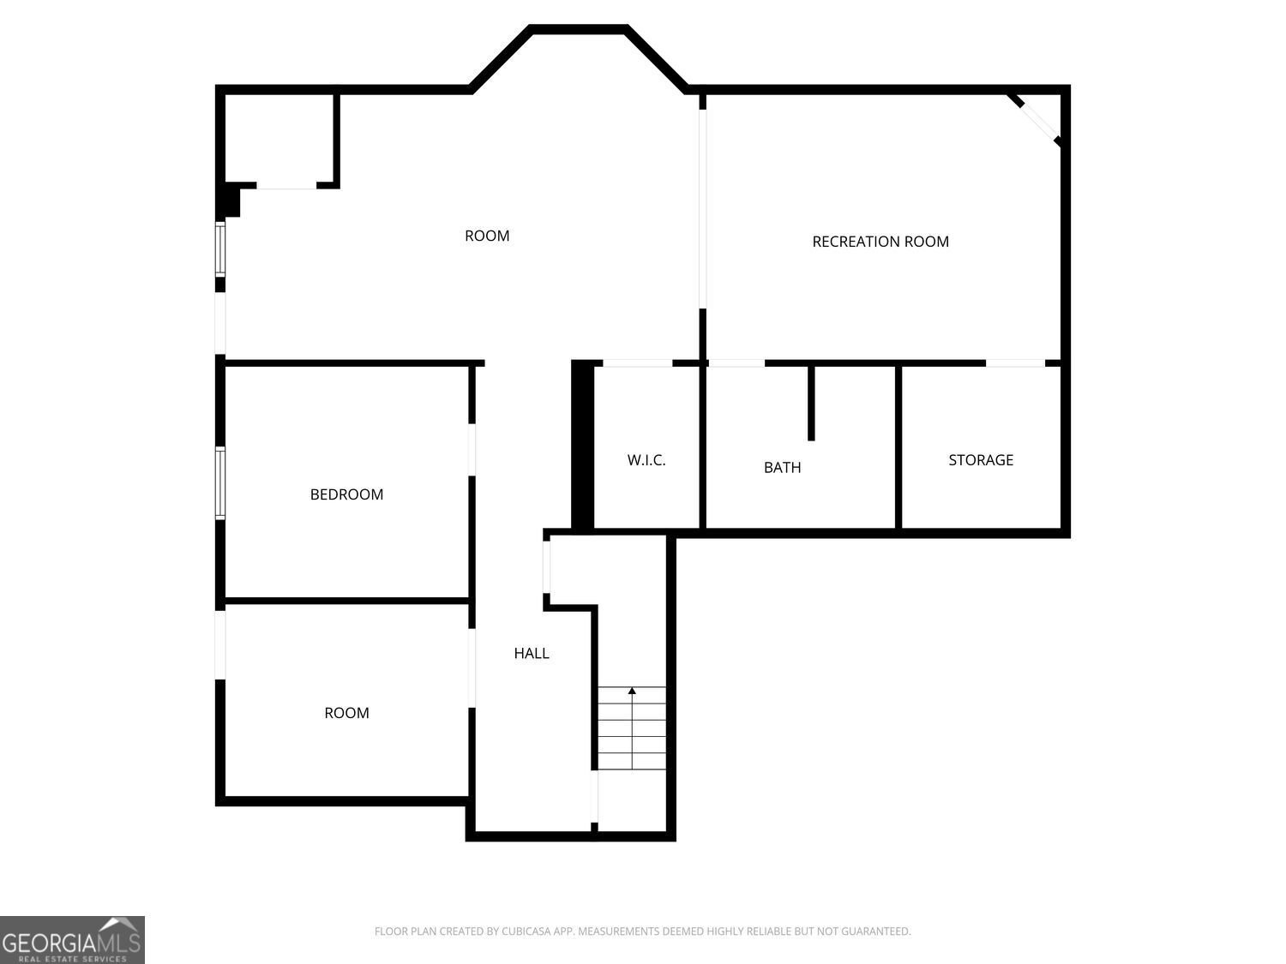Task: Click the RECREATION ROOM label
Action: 880,241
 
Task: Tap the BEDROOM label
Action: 346,494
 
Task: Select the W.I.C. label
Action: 646,460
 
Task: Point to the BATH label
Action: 782,468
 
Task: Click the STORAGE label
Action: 981,460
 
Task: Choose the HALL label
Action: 532,653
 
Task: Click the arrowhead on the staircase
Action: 632,691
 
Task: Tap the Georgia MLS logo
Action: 72,939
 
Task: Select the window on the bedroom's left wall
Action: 220,483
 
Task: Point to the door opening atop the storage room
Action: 1015,363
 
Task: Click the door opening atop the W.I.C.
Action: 638,363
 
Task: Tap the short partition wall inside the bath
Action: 811,404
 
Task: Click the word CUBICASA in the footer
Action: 526,931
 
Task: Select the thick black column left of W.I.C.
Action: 582,446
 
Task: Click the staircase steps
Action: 632,728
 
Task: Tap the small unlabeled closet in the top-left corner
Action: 279,138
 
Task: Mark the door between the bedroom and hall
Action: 472,450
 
